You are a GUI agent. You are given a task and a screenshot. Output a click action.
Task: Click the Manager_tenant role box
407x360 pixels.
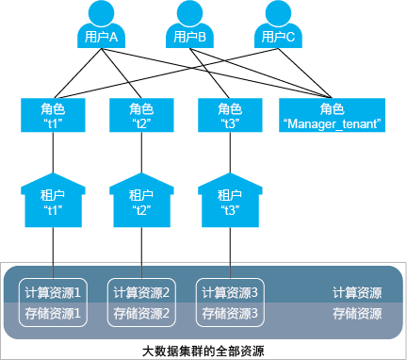click(x=332, y=115)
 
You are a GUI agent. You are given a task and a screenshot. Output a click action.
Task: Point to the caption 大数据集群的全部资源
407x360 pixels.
click(x=203, y=351)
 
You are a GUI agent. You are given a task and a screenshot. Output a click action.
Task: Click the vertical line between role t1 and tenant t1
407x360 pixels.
click(x=52, y=155)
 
